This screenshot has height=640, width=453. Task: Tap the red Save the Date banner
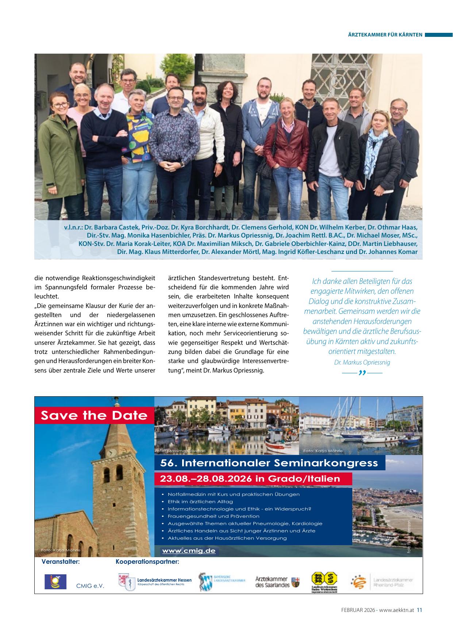coord(94,415)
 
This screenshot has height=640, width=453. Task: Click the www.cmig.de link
coord(189,551)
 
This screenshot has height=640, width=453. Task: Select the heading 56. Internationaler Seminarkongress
coord(270,463)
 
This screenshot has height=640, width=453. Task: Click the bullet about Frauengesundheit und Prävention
coord(213,516)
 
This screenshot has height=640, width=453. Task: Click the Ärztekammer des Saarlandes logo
coord(277,582)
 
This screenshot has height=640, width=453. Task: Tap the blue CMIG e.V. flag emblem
coord(55,582)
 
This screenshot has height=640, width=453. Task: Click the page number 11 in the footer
coord(419,610)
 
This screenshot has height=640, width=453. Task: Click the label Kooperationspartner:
coord(147,562)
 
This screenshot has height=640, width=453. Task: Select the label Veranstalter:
coord(61,562)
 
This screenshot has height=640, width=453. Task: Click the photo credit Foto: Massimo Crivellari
coord(180,451)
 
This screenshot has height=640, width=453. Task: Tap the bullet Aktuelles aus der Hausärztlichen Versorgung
coord(227,538)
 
